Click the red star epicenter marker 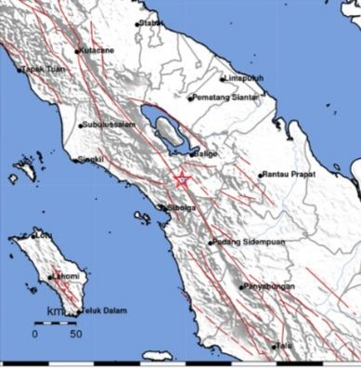pyautogui.click(x=183, y=180)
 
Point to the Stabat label pyautogui.click(x=151, y=24)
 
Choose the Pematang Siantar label pyautogui.click(x=227, y=97)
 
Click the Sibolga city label pyautogui.click(x=177, y=208)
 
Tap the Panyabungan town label pyautogui.click(x=271, y=287)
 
